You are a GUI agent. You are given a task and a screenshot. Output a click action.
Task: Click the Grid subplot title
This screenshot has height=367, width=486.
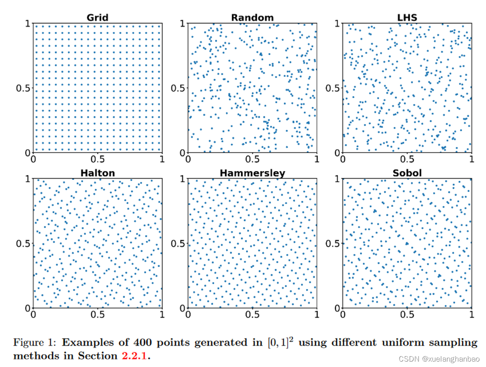pyautogui.click(x=97, y=18)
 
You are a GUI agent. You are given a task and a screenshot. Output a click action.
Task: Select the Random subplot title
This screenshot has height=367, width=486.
pyautogui.click(x=252, y=18)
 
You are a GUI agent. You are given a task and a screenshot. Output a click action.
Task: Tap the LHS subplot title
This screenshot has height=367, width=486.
pyautogui.click(x=407, y=18)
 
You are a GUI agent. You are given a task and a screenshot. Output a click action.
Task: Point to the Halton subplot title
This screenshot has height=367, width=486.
pyautogui.click(x=97, y=173)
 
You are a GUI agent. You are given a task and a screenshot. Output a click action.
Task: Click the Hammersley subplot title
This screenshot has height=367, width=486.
pyautogui.click(x=252, y=173)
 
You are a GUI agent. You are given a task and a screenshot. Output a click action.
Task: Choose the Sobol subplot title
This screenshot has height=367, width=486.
pyautogui.click(x=407, y=173)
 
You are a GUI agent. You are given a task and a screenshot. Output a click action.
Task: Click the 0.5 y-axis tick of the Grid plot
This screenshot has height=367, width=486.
pyautogui.click(x=22, y=89)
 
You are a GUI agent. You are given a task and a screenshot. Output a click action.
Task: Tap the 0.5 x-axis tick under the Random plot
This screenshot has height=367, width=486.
pyautogui.click(x=252, y=160)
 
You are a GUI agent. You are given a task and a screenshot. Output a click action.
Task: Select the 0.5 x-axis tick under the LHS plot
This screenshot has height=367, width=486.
pyautogui.click(x=407, y=160)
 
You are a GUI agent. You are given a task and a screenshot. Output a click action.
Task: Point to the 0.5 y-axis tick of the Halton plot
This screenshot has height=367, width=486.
pyautogui.click(x=22, y=243)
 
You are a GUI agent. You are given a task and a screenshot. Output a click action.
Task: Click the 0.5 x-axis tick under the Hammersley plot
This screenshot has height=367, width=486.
pyautogui.click(x=252, y=315)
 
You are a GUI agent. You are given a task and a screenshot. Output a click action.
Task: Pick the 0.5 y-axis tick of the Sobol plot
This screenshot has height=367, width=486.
pyautogui.click(x=332, y=243)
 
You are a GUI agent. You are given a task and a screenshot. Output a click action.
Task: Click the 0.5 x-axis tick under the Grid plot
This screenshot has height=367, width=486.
pyautogui.click(x=97, y=160)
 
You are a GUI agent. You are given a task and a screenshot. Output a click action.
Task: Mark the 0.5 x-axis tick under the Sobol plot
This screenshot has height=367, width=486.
pyautogui.click(x=407, y=315)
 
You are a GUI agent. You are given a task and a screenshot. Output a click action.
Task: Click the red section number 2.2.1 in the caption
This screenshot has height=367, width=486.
pyautogui.click(x=136, y=356)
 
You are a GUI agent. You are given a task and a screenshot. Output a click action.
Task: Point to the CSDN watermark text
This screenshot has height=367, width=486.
pyautogui.click(x=438, y=359)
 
